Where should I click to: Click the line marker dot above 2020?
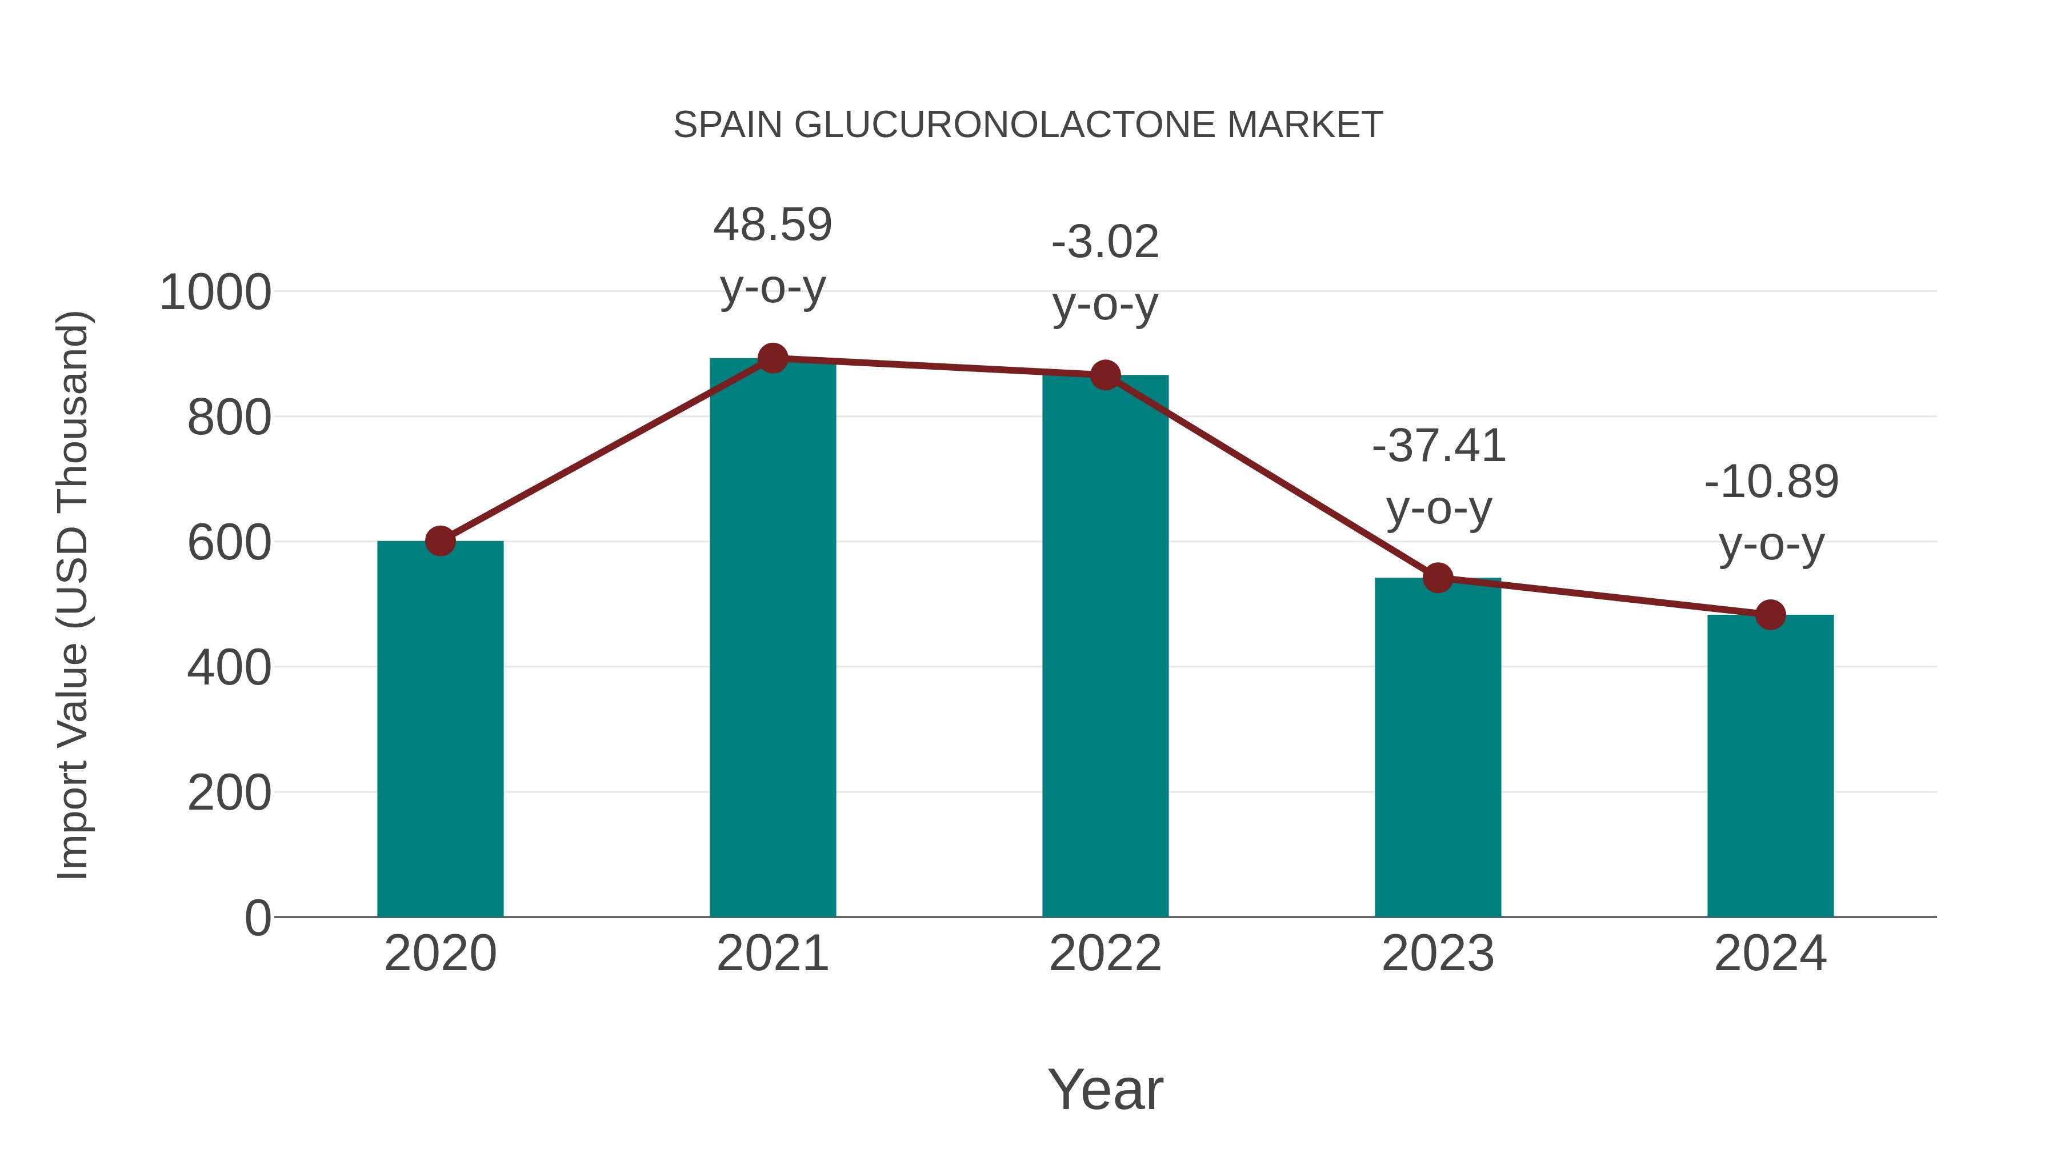(x=440, y=541)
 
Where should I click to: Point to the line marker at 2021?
(x=772, y=358)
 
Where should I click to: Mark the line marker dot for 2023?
(x=1438, y=577)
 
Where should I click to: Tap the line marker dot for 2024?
(x=1770, y=615)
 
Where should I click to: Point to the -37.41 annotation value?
(x=1438, y=446)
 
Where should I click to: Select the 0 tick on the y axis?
(x=257, y=918)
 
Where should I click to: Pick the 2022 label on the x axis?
(x=1105, y=954)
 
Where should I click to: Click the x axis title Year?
(x=1105, y=1089)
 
